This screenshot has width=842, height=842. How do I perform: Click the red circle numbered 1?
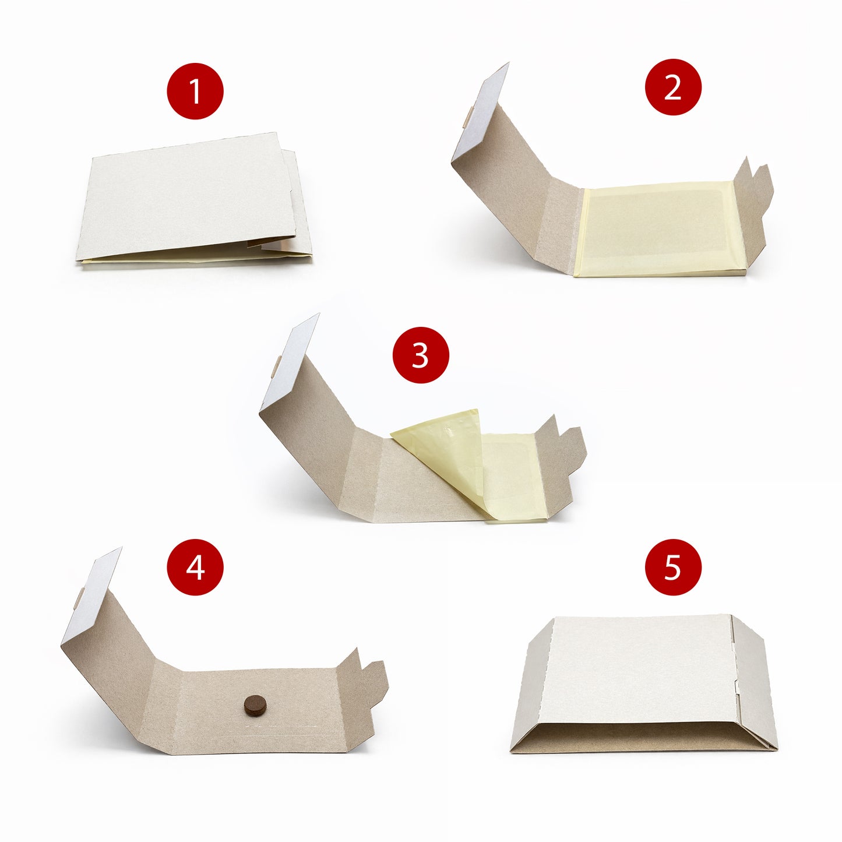coord(195,91)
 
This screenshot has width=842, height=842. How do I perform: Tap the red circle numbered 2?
coord(673,87)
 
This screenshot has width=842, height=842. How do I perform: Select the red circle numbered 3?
coord(421,354)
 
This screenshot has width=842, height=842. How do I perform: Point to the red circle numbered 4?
coord(195,566)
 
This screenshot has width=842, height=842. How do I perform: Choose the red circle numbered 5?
coord(673,566)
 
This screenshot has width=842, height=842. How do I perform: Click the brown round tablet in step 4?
coord(253,704)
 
